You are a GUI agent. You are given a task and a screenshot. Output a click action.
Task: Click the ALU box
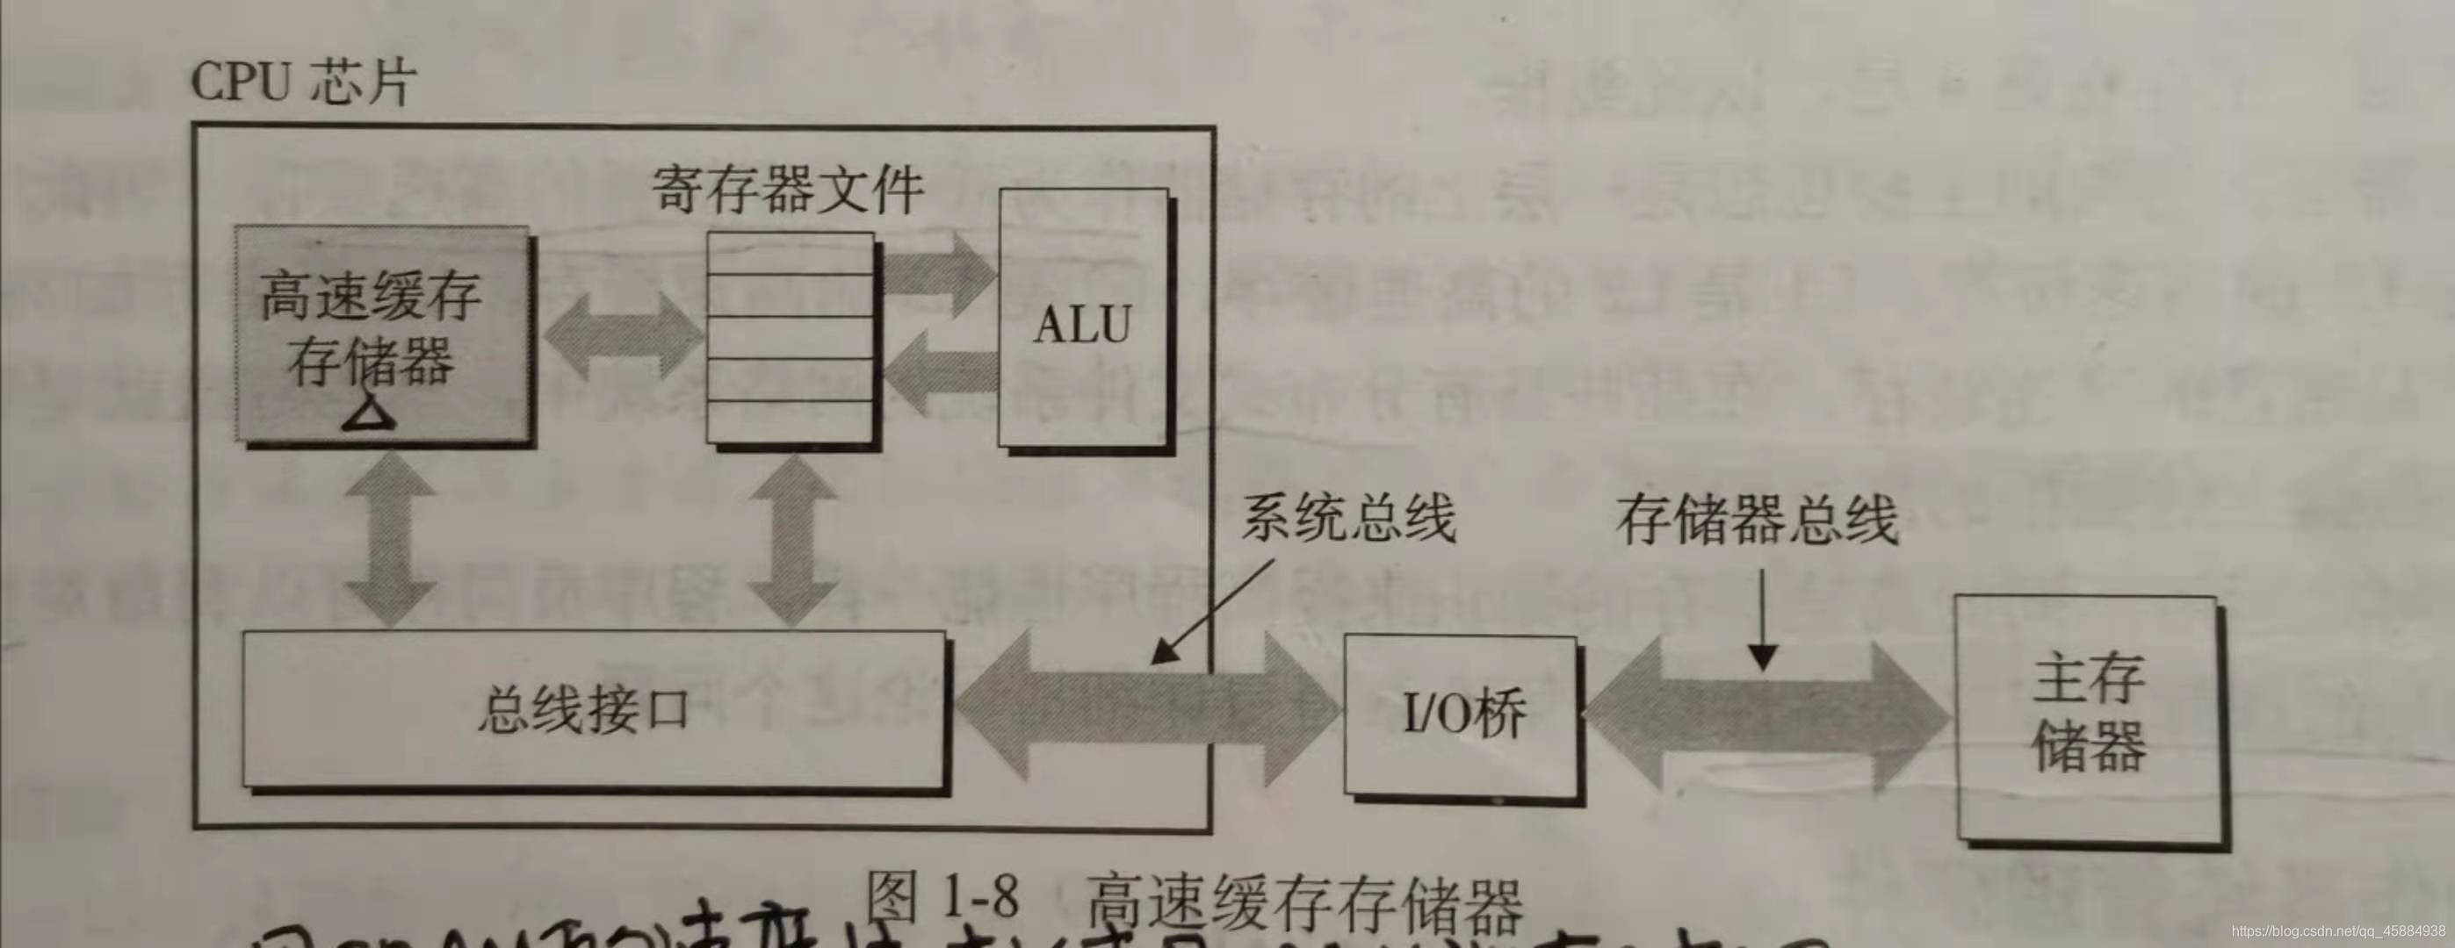tap(1083, 320)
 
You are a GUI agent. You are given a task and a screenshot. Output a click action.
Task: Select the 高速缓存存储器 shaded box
tap(381, 334)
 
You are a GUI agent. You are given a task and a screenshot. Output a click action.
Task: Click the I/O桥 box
tap(1460, 714)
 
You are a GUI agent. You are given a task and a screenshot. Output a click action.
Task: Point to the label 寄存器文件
tap(787, 188)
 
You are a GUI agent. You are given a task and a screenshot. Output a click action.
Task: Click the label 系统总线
tap(1347, 521)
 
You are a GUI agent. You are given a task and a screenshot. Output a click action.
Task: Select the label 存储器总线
tap(1756, 521)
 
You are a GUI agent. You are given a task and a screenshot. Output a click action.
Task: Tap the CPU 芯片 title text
tap(303, 82)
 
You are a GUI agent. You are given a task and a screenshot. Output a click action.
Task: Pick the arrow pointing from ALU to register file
tap(938, 371)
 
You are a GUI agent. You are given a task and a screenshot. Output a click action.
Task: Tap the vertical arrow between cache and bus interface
tap(390, 538)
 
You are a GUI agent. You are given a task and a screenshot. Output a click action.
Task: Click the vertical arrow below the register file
tap(792, 538)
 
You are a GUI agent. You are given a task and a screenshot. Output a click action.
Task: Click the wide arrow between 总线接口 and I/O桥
tap(1144, 710)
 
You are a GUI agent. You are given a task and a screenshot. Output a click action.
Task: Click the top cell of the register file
tap(790, 254)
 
